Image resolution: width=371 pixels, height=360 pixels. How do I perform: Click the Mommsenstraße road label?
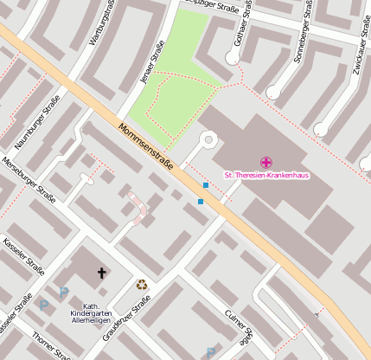[x=146, y=146]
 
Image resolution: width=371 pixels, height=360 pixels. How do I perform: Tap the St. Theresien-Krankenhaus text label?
[x=266, y=175]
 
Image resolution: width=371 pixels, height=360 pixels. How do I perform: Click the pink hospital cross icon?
[x=266, y=162]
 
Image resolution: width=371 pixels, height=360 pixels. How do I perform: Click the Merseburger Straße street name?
[x=29, y=179]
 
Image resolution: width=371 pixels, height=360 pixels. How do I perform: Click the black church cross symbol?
[x=102, y=273]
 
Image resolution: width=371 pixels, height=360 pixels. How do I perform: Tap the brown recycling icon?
[x=141, y=284]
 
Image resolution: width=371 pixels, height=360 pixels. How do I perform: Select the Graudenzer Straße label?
[x=138, y=316]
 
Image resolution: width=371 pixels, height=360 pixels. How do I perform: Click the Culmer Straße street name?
[x=240, y=326]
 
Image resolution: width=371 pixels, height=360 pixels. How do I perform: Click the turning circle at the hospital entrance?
[x=208, y=138]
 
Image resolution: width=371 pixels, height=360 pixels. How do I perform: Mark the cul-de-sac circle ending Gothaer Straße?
[x=232, y=58]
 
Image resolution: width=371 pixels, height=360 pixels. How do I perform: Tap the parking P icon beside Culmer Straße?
[x=210, y=351]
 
